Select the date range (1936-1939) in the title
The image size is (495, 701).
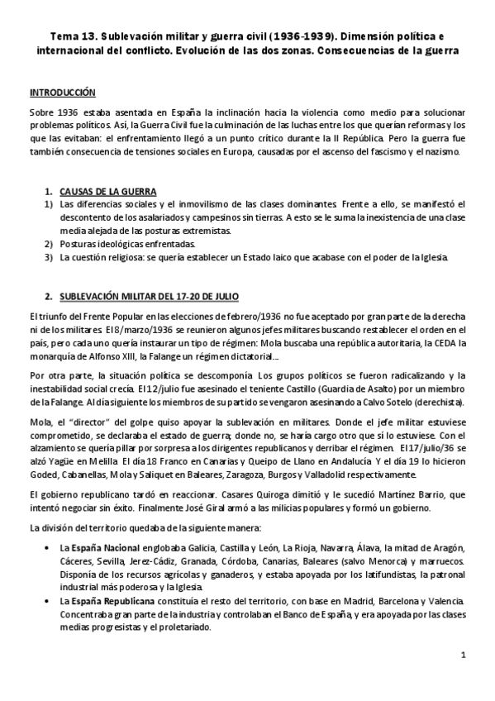pyautogui.click(x=317, y=38)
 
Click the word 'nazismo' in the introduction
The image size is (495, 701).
pyautogui.click(x=445, y=153)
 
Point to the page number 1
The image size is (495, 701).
pyautogui.click(x=464, y=656)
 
